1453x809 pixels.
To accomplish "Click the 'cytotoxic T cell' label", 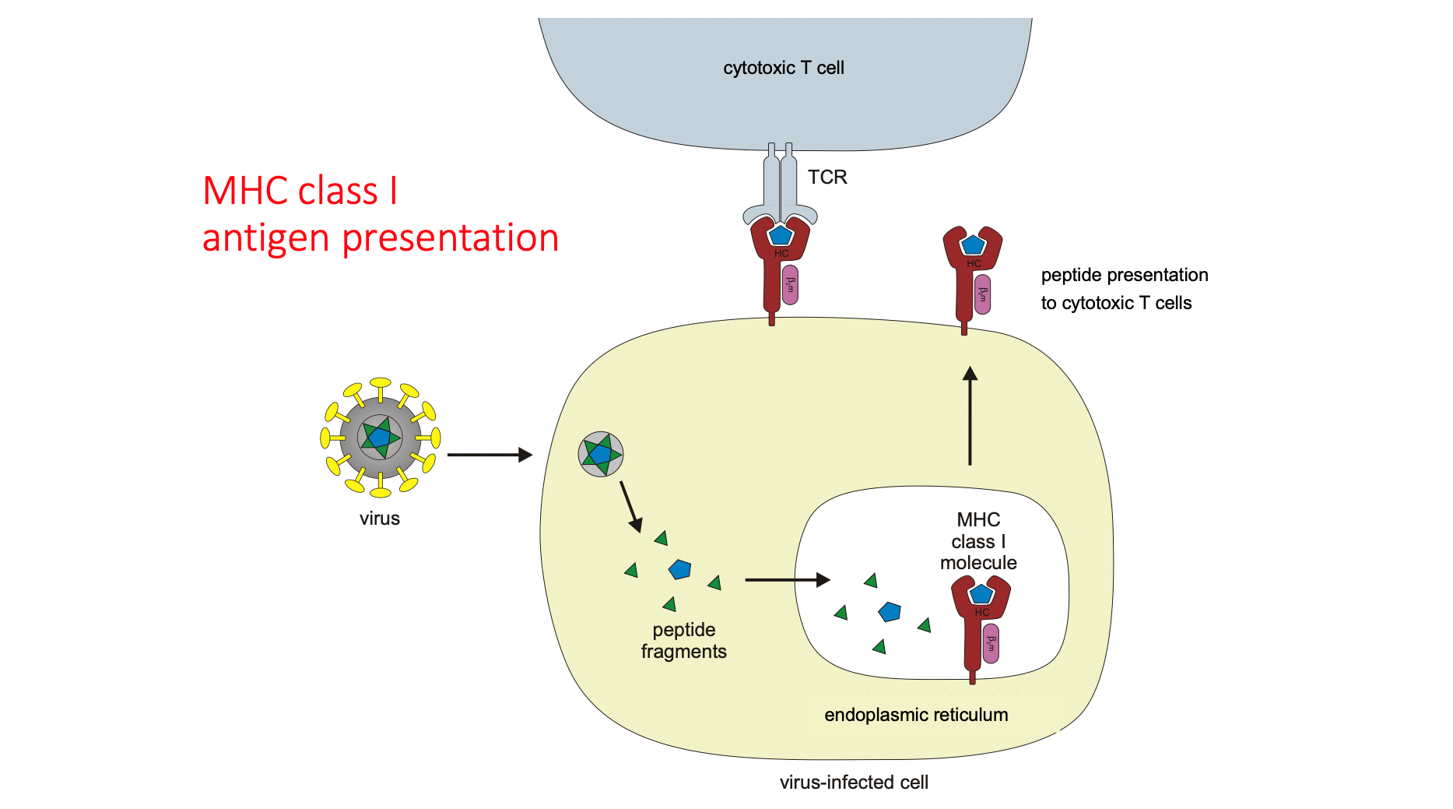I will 783,68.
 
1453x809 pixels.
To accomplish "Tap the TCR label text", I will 827,178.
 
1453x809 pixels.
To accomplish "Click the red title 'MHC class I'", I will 300,191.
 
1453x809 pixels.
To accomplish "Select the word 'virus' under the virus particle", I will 380,519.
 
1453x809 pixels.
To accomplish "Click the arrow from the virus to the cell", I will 489,455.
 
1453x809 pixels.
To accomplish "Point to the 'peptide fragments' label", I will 683,641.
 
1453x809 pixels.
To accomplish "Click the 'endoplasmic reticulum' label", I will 916,715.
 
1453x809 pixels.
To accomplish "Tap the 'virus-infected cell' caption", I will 854,783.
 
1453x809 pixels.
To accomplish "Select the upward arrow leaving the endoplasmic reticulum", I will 970,417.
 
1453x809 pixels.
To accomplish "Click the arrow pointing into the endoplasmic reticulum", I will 787,579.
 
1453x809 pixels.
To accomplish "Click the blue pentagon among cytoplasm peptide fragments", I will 679,569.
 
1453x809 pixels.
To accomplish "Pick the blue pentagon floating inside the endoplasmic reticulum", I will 890,611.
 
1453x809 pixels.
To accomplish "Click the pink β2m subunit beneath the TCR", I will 790,285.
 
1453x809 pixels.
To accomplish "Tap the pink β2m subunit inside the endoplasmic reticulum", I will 991,643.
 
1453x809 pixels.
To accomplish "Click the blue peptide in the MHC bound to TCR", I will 780,234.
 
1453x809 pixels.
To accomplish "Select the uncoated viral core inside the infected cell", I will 601,454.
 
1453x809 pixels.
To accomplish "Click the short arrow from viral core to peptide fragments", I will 630,506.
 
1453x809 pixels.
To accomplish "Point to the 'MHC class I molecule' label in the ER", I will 978,541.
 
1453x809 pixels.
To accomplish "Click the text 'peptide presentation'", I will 1124,275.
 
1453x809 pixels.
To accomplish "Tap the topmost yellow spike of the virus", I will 381,384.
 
